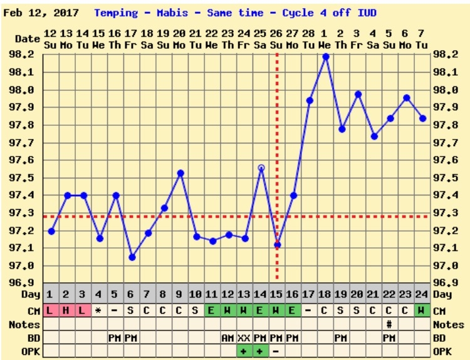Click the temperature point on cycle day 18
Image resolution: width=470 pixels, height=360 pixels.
325,56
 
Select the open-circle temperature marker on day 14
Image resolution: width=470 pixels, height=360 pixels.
261,168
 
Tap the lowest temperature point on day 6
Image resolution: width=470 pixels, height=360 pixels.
132,257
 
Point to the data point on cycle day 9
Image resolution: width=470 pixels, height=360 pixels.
180,173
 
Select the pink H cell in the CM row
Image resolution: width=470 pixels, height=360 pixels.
66,311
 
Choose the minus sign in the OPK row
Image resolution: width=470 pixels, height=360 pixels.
276,351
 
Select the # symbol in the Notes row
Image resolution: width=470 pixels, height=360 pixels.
389,324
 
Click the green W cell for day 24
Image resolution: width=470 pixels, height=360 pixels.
422,311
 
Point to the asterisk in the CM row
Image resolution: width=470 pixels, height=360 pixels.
98,311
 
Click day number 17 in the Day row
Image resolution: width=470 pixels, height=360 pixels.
309,294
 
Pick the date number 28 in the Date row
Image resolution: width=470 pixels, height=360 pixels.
309,33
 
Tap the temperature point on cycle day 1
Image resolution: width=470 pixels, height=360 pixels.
51,231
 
